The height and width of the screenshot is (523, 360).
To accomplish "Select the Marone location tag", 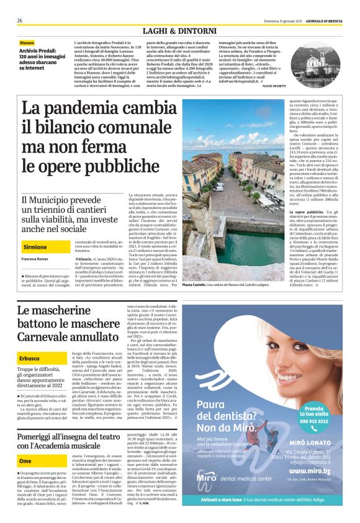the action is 28,42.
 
